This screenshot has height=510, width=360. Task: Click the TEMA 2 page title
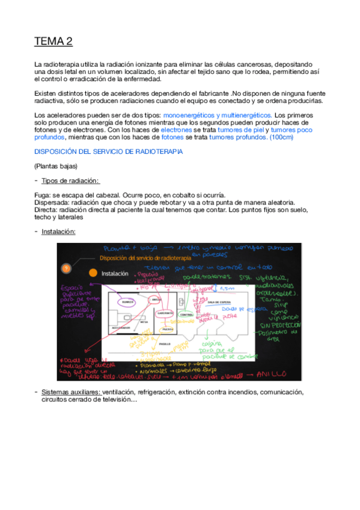53,41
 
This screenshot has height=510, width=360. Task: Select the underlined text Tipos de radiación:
70,180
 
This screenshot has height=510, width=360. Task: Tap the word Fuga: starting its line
43,195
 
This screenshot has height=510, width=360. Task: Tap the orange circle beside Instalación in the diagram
93,272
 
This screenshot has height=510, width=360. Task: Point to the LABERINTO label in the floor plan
166,313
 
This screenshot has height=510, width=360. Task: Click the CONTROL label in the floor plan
188,315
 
